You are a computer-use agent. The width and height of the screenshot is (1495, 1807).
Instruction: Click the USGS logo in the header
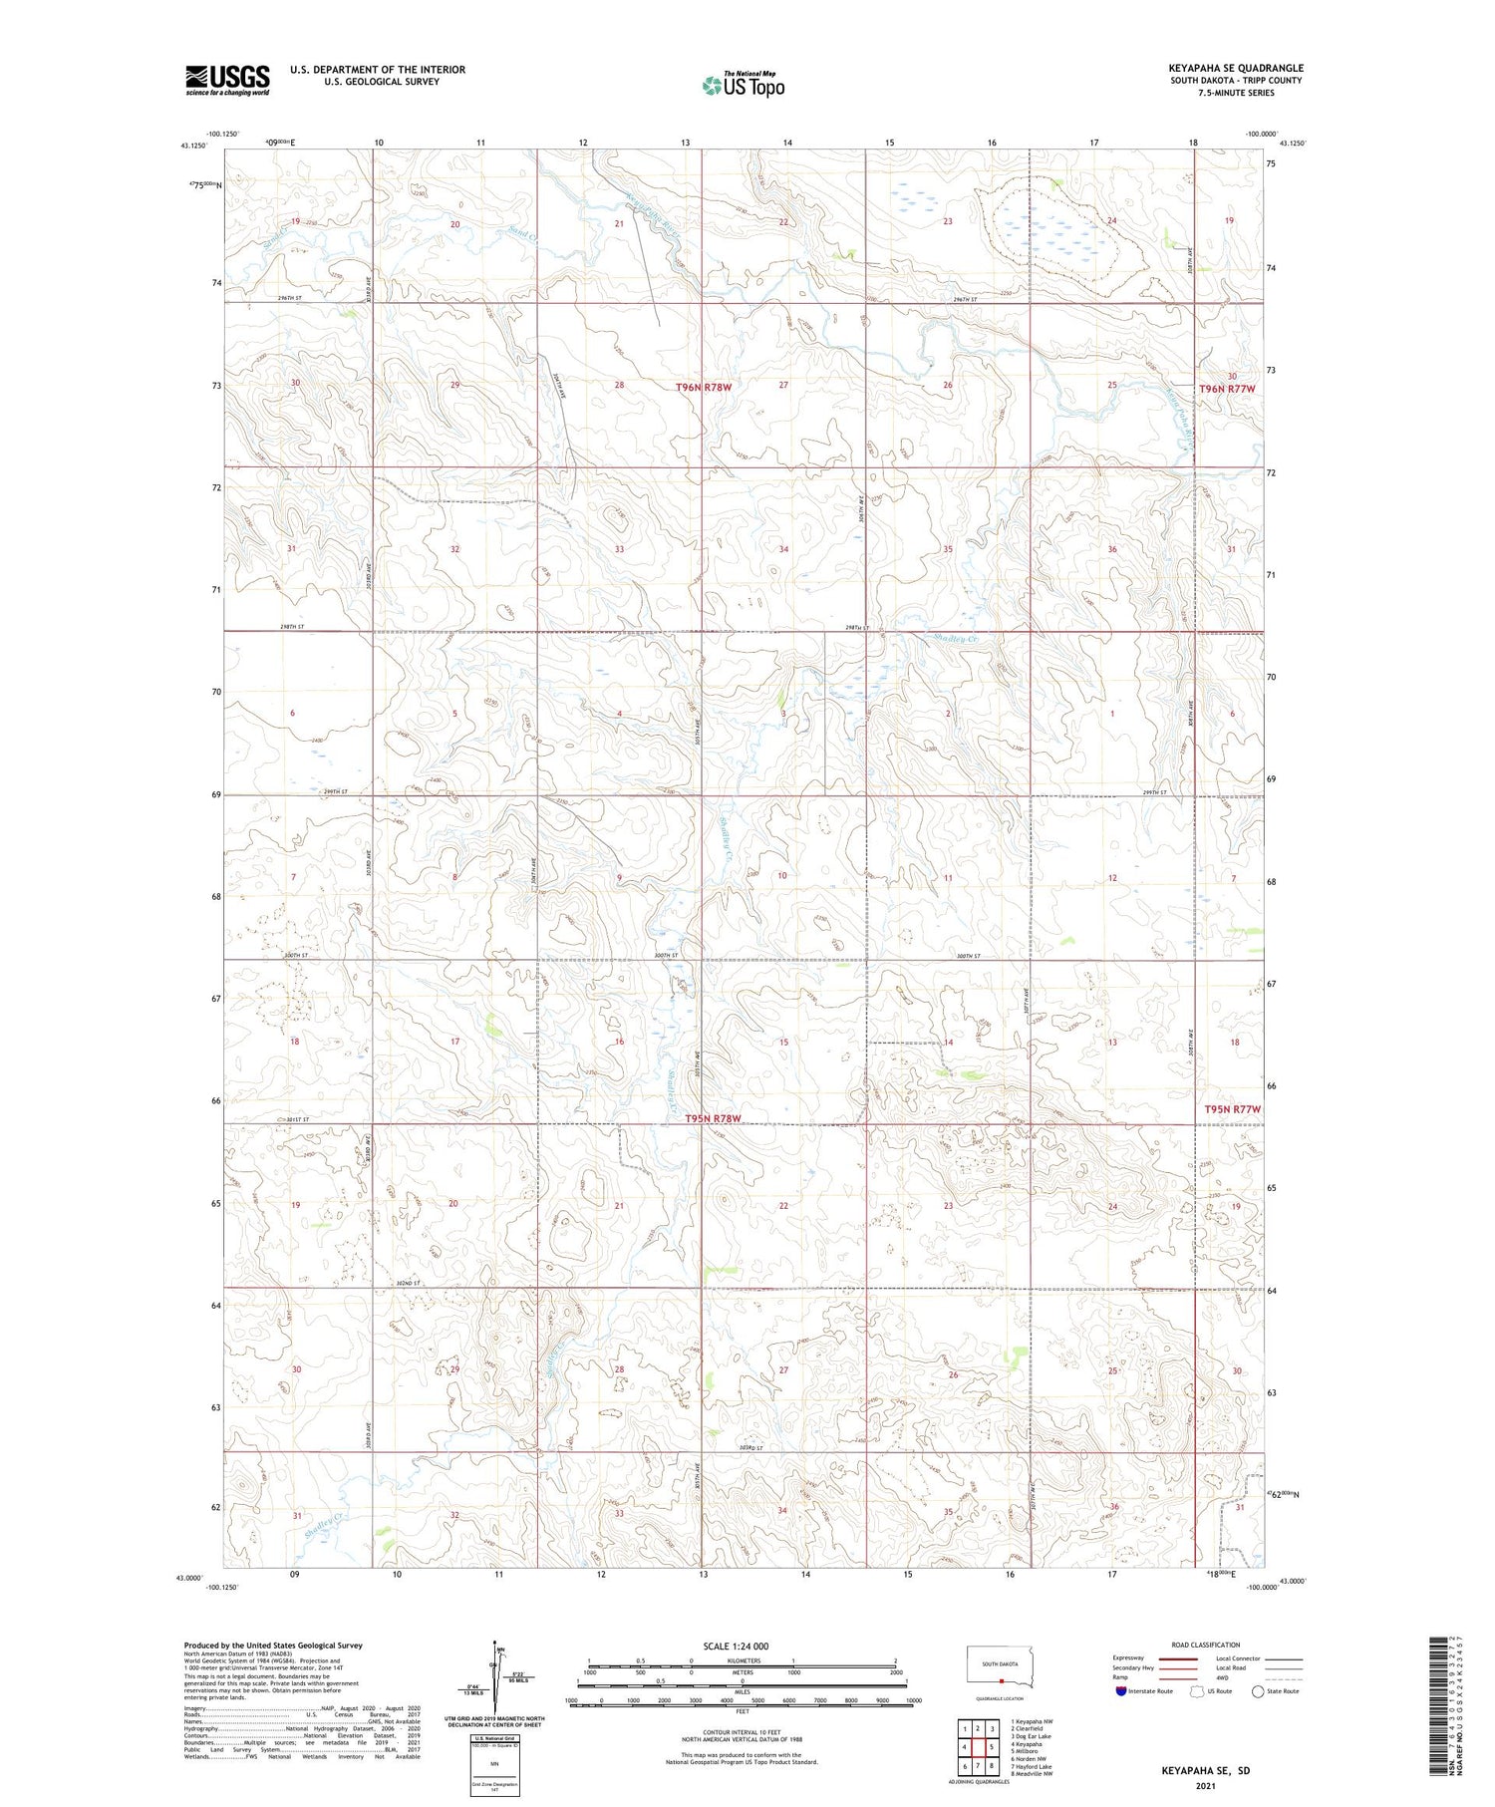pos(227,80)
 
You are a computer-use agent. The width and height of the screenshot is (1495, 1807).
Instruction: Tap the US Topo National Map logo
pos(743,85)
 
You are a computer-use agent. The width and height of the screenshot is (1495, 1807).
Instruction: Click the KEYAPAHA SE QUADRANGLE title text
pos(1236,68)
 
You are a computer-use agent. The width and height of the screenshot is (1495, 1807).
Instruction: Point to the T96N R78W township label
pos(711,386)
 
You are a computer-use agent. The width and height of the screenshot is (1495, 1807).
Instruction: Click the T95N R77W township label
pos(1232,1109)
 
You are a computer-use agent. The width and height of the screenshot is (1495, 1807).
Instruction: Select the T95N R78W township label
pos(714,1118)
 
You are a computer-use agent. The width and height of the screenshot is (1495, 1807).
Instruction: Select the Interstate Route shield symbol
pos(1121,1690)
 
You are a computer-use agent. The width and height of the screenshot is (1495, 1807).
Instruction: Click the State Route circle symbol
pos(1258,1690)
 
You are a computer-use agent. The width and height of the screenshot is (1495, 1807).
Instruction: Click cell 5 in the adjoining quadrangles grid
pos(992,1747)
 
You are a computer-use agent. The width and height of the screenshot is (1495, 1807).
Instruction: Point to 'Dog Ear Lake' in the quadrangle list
pos(1032,1736)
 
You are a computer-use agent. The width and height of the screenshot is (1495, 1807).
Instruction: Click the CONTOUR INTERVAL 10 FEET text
pos(742,1733)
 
